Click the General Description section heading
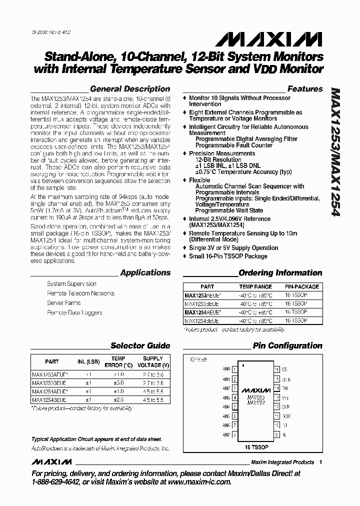pyautogui.click(x=132, y=89)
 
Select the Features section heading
pyautogui.click(x=305, y=89)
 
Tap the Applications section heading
pyautogui.click(x=145, y=273)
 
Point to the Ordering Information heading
pyautogui.click(x=280, y=273)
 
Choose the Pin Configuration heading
pyautogui.click(x=287, y=345)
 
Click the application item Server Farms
pyautogui.click(x=64, y=303)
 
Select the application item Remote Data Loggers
pyautogui.click(x=74, y=312)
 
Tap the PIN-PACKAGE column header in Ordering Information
pyautogui.click(x=301, y=287)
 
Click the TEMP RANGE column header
pyautogui.click(x=255, y=287)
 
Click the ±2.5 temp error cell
pyautogui.click(x=118, y=400)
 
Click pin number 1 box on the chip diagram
pyautogui.click(x=234, y=370)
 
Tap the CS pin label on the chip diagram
pyautogui.click(x=284, y=370)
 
